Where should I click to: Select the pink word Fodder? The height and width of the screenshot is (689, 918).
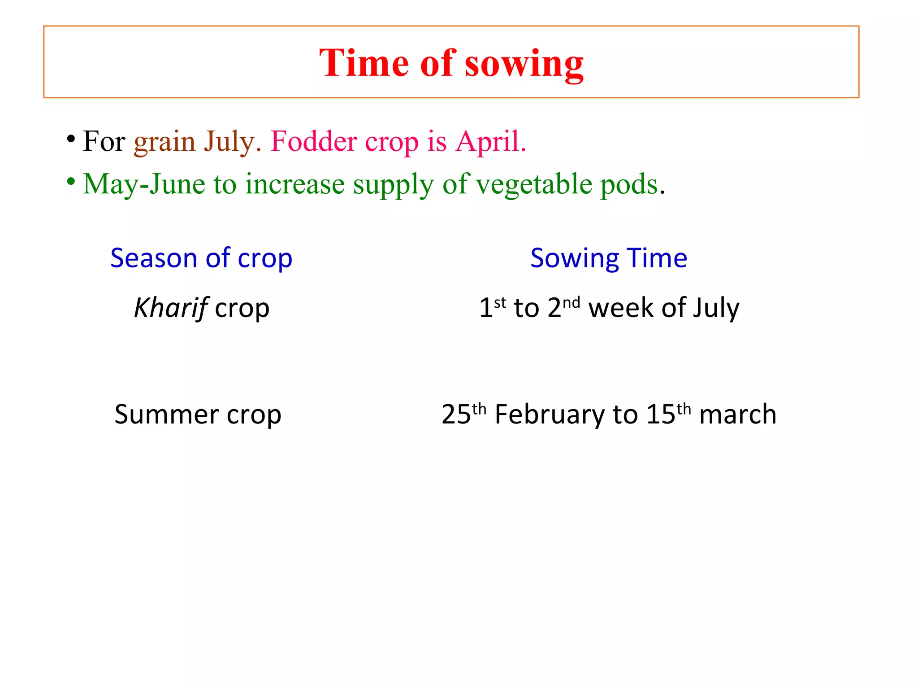click(x=314, y=141)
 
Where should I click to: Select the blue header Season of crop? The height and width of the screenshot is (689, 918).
click(x=201, y=258)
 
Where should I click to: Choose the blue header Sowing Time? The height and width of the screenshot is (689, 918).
click(x=608, y=258)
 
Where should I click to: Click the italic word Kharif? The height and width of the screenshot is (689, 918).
click(x=171, y=308)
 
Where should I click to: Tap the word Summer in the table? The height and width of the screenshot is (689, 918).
click(x=166, y=414)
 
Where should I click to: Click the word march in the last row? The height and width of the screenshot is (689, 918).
click(x=737, y=414)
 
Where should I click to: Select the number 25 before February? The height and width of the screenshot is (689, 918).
click(x=456, y=414)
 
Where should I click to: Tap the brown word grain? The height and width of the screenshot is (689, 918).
click(x=165, y=141)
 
